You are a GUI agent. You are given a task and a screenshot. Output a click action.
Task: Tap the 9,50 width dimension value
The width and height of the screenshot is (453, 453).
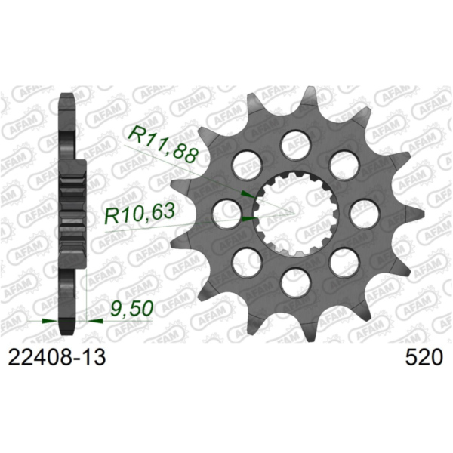click(128, 310)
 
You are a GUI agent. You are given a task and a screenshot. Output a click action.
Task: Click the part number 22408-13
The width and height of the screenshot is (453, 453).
click(57, 357)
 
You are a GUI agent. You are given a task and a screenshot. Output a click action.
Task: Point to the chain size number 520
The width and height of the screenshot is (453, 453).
click(424, 357)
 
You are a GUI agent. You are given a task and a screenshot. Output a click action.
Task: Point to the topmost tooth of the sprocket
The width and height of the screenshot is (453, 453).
click(309, 95)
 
